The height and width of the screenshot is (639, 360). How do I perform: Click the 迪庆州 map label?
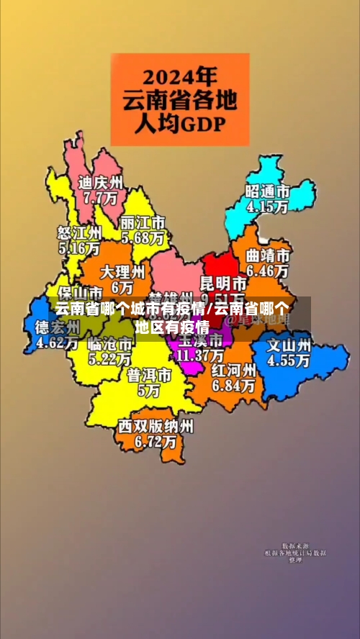point(101,182)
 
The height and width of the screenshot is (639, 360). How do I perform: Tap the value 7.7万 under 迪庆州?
point(100,196)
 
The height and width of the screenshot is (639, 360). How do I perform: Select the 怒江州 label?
point(79,233)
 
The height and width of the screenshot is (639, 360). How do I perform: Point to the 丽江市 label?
point(143,222)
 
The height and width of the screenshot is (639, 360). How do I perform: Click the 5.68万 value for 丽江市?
point(143,237)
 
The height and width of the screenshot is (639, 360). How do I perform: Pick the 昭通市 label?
point(267,191)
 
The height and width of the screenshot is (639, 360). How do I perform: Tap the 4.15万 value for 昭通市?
point(267,207)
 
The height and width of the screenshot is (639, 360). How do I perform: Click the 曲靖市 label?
point(268,255)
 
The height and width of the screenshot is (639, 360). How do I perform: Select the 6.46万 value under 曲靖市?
point(268,271)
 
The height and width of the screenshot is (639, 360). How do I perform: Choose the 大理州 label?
point(122,272)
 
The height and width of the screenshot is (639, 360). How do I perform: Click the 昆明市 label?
point(222,281)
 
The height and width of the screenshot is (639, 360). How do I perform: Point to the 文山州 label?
point(289,345)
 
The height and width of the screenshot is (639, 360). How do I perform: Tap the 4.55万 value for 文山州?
point(289,361)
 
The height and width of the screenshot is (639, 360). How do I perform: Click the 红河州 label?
point(234,371)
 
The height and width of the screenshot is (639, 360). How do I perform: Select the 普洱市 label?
point(150,376)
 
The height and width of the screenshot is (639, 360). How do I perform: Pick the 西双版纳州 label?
point(156,426)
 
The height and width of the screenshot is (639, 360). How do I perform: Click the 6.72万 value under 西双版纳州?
point(156,441)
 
